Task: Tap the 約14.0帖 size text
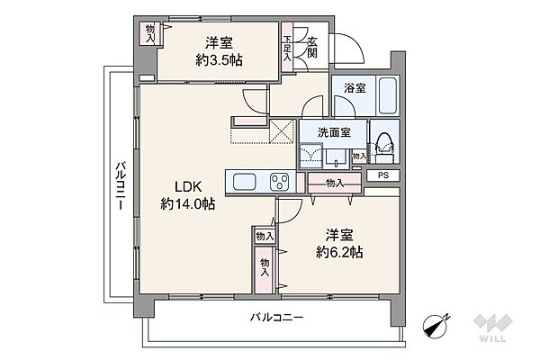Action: [188, 204]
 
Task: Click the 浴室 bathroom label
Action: [353, 89]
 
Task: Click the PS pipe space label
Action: [383, 175]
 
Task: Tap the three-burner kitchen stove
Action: [278, 182]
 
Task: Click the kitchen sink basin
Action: [247, 183]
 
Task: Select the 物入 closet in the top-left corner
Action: [149, 33]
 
